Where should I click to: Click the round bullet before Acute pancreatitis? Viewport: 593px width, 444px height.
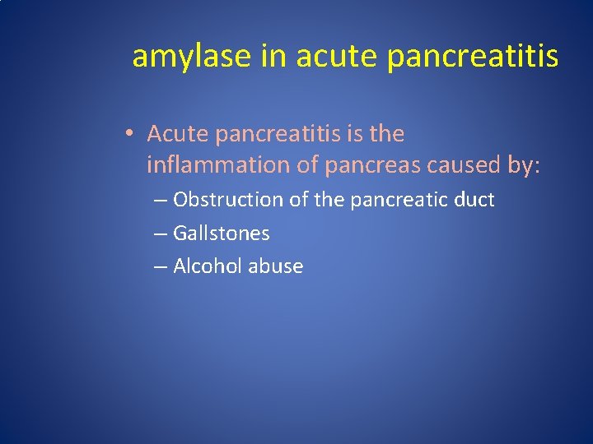(131, 134)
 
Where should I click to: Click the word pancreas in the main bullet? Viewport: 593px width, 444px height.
(373, 165)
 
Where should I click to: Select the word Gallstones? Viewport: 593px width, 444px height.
(222, 234)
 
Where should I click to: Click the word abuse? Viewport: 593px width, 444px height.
(276, 266)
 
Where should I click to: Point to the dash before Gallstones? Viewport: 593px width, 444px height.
(161, 234)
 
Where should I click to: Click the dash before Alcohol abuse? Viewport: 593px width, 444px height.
(161, 267)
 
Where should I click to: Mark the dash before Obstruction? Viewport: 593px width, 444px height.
(161, 201)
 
